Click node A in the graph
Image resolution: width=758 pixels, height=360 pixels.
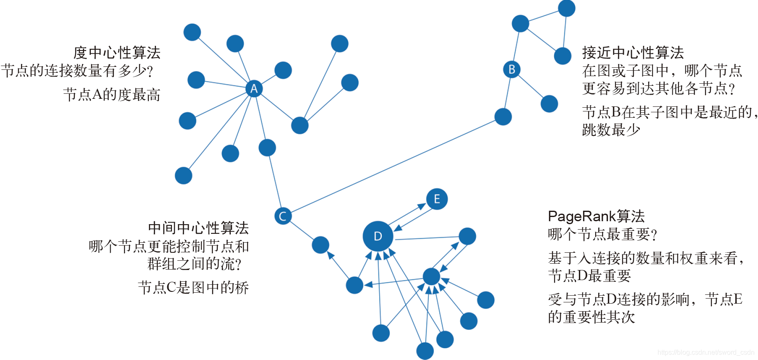click(x=254, y=89)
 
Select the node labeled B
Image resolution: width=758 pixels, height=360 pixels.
click(x=512, y=69)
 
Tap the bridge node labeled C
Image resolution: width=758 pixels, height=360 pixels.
click(x=283, y=216)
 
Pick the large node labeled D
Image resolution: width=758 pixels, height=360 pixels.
click(x=378, y=236)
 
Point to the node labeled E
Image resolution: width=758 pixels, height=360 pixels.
click(x=437, y=199)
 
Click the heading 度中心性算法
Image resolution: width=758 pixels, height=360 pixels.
click(x=117, y=53)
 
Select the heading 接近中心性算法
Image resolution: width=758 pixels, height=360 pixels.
click(x=633, y=53)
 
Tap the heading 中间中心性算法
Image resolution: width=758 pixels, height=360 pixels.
click(x=198, y=228)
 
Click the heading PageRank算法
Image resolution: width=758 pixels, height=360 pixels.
click(x=596, y=217)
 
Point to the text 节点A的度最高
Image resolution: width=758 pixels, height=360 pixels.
click(x=112, y=95)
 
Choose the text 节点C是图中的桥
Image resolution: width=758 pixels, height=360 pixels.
click(x=193, y=288)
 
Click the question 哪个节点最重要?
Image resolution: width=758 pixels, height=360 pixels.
click(x=602, y=234)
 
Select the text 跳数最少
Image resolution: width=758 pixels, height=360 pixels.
click(x=611, y=130)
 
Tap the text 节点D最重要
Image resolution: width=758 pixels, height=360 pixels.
click(x=589, y=276)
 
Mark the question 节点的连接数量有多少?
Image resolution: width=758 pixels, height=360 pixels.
click(x=77, y=71)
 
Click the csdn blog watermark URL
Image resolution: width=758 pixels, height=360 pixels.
click(x=706, y=352)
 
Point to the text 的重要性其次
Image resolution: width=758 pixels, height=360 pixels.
click(x=591, y=317)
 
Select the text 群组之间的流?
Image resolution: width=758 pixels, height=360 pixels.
click(x=195, y=264)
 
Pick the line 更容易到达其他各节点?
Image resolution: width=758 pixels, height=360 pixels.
click(x=658, y=89)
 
